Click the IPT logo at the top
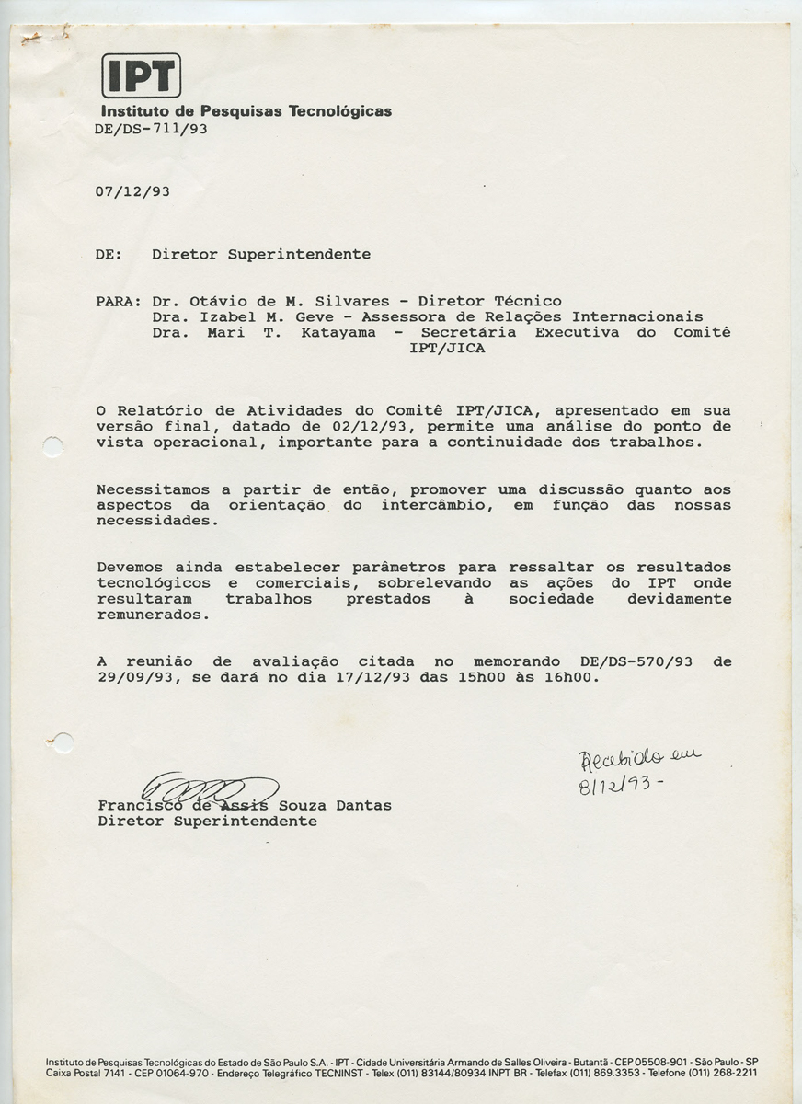(x=141, y=75)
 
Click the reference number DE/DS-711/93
(x=150, y=129)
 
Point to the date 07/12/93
(x=132, y=191)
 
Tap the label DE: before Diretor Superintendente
(x=109, y=254)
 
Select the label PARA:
(x=118, y=301)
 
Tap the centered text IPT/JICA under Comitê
(x=447, y=349)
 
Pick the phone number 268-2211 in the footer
(x=732, y=1073)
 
